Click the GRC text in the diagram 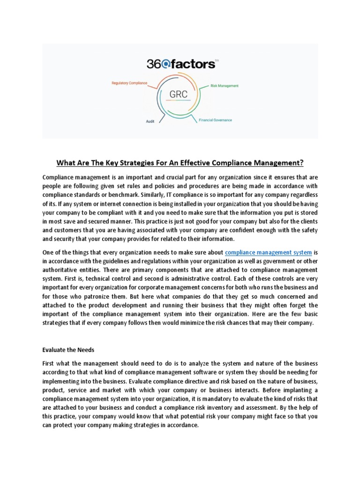178,94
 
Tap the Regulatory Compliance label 129,83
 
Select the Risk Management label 225,86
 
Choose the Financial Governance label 215,120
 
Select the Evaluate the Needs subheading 69,350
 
